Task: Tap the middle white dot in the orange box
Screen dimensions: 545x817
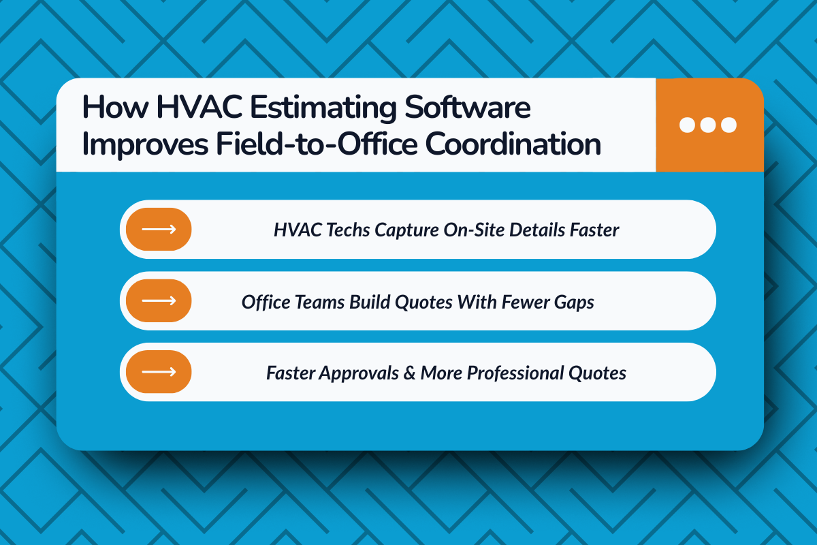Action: pyautogui.click(x=708, y=125)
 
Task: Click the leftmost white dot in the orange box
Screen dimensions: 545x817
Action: pyautogui.click(x=688, y=125)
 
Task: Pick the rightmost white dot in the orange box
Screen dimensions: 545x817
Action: pyautogui.click(x=728, y=125)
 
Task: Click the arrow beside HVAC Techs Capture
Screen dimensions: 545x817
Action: pyautogui.click(x=159, y=230)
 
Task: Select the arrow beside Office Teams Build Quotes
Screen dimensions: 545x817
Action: pyautogui.click(x=159, y=300)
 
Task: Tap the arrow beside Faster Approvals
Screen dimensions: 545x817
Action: pyautogui.click(x=159, y=372)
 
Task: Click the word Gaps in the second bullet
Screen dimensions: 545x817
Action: pyautogui.click(x=577, y=302)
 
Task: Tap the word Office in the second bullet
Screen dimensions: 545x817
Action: pyautogui.click(x=263, y=302)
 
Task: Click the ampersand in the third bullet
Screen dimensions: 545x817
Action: pyautogui.click(x=408, y=373)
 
